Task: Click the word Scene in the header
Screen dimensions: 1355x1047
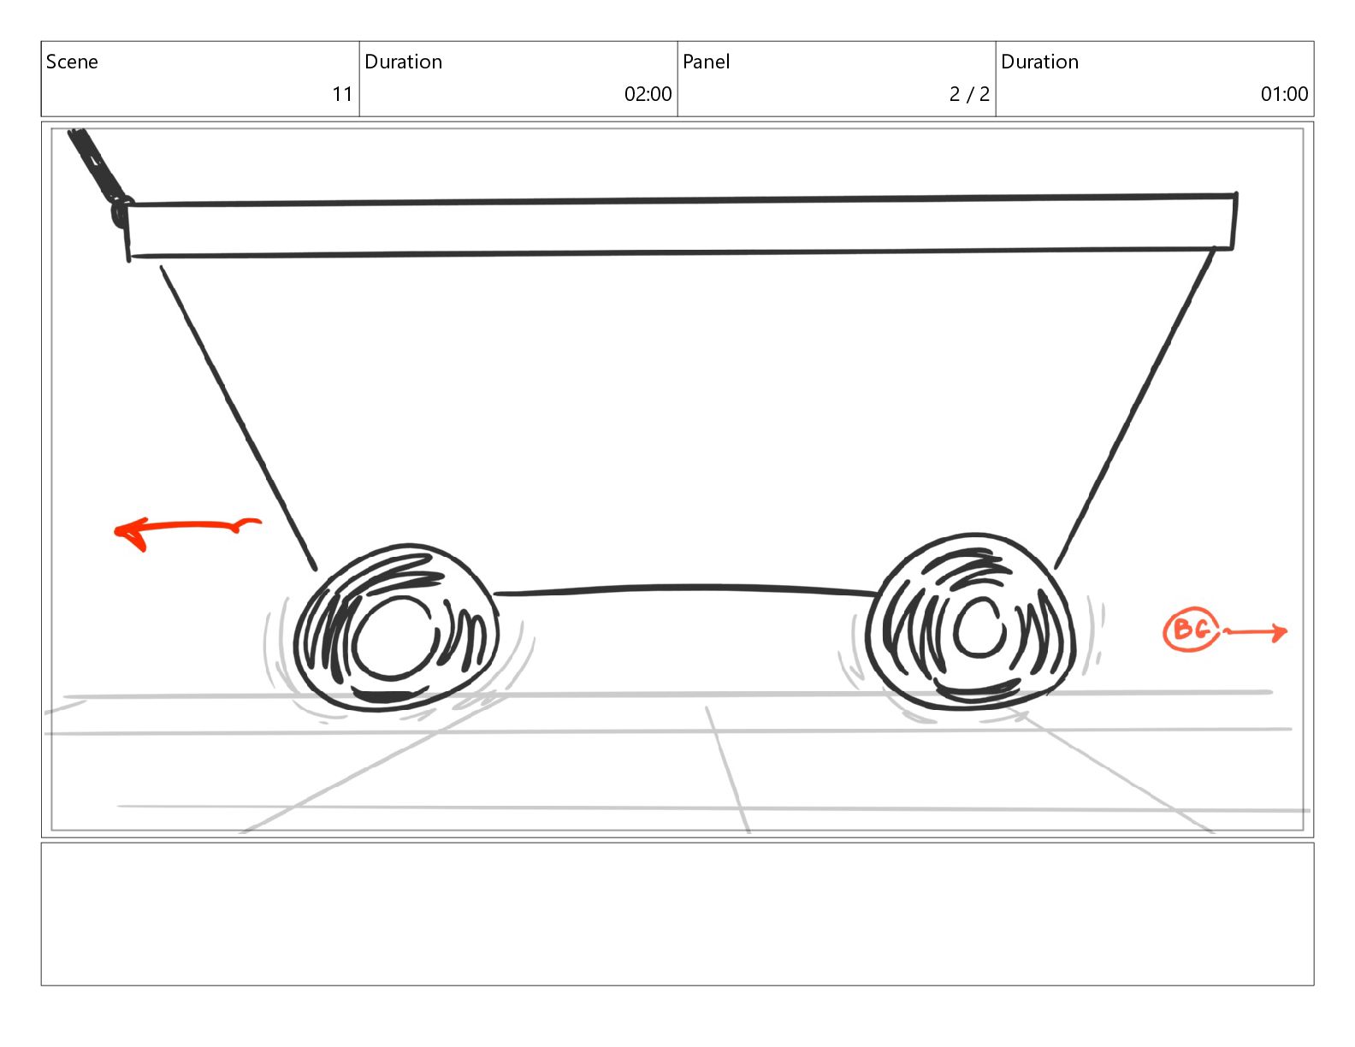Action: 72,62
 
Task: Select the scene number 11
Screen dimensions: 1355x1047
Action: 342,94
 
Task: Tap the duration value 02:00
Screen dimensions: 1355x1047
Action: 648,94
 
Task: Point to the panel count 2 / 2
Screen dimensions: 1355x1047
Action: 969,94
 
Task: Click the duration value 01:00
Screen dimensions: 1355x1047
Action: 1284,94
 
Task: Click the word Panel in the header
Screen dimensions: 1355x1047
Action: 706,62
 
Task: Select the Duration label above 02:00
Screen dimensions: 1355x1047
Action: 404,62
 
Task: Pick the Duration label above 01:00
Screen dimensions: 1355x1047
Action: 1039,62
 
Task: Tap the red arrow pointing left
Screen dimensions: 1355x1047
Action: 187,527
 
